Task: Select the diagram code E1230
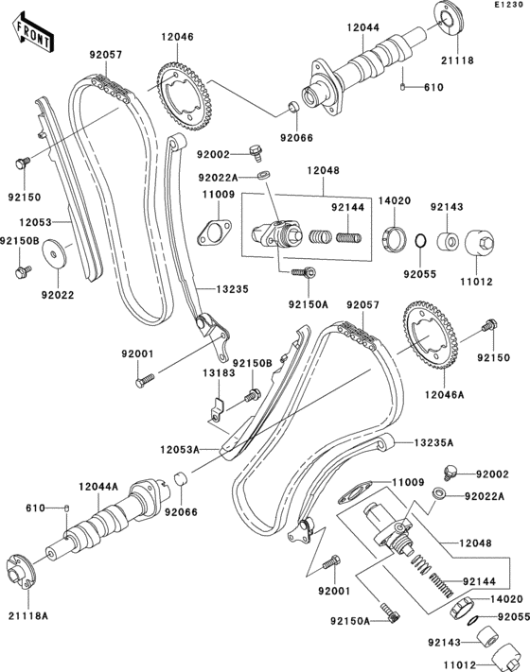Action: click(x=507, y=7)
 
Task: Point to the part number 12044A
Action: click(x=98, y=485)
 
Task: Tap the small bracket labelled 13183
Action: click(x=216, y=409)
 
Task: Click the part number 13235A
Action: click(x=432, y=441)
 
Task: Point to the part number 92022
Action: click(x=58, y=295)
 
